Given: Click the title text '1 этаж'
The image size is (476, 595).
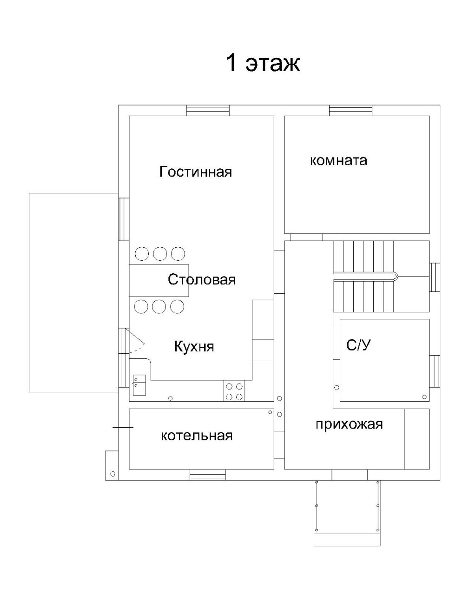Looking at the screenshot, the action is click(263, 63).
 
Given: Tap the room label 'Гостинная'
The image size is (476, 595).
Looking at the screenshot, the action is click(195, 172).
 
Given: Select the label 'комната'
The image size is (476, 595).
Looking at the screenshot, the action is click(338, 160).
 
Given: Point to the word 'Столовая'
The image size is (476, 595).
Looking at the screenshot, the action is click(202, 279).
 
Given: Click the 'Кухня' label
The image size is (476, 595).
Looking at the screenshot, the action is click(194, 346).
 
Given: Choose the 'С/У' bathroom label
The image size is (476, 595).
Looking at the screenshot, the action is click(359, 345).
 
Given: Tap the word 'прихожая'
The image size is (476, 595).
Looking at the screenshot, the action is click(349, 424).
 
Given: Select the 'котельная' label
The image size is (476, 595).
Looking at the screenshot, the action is click(196, 436).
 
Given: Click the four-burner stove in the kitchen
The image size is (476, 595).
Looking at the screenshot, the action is click(234, 391).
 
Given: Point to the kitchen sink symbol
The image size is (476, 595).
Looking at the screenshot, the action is click(139, 385).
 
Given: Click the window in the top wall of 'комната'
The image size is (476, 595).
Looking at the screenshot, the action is click(350, 110).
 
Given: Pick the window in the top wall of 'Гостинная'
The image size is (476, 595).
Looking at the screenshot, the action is click(208, 110).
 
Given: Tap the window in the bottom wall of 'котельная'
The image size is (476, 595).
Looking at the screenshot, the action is click(208, 475).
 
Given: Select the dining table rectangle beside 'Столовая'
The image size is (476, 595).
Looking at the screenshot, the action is click(159, 280).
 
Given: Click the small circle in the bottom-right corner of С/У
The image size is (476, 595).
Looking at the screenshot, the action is click(424, 397).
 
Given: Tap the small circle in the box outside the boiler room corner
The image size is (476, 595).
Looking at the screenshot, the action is click(112, 474).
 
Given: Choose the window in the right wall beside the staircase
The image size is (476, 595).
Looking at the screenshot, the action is click(435, 277).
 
